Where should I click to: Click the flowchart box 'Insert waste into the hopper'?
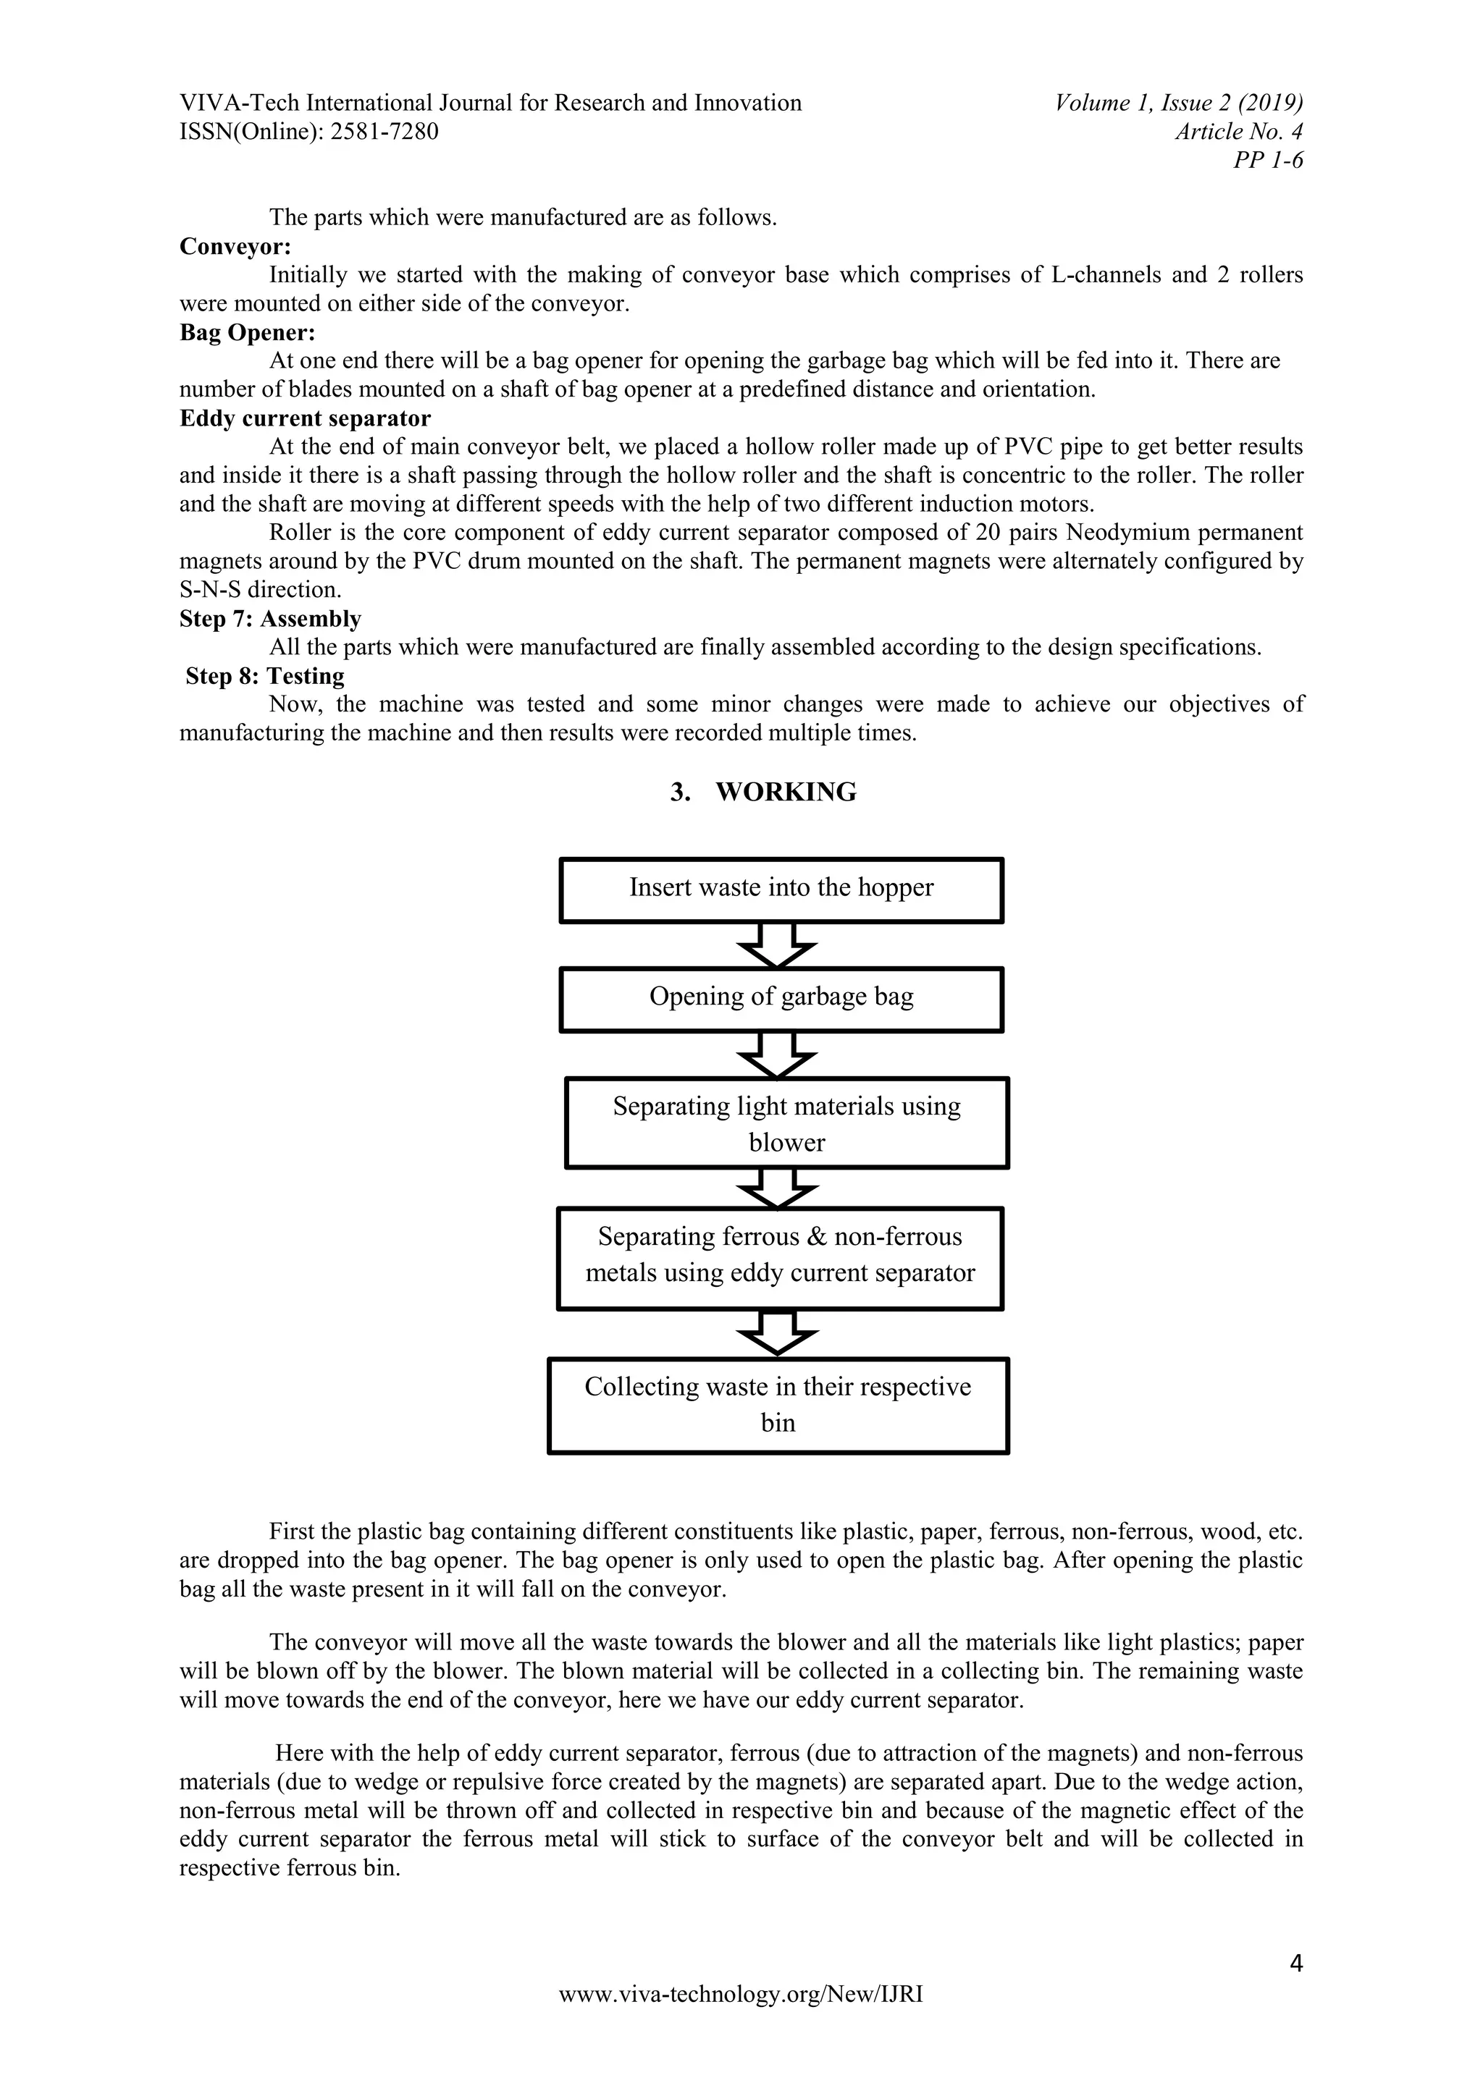781,890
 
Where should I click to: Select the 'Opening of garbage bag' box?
781,1000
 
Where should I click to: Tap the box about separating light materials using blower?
786,1123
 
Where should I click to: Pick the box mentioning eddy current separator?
780,1258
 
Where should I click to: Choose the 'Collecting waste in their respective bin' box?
778,1405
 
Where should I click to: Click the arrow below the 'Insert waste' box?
776,945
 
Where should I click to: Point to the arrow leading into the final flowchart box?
777,1334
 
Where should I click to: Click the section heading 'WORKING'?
786,792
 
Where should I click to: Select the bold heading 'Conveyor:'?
235,247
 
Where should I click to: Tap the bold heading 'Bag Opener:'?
246,332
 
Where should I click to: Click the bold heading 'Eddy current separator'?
305,418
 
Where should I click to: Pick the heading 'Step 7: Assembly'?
270,619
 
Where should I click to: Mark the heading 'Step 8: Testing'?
265,677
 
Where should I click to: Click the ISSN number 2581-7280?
384,132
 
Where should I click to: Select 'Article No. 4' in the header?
1238,132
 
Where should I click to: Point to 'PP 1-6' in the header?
1267,161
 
